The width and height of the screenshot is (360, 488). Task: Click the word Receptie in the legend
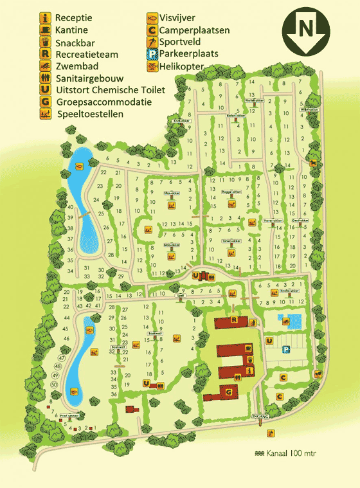click(x=73, y=17)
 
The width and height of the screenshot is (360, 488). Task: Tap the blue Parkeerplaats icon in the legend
click(x=152, y=54)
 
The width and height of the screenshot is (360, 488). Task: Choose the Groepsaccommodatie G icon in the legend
click(x=44, y=102)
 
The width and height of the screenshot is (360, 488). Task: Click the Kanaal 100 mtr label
click(x=287, y=453)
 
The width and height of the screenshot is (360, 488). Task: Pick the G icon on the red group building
click(x=229, y=392)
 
